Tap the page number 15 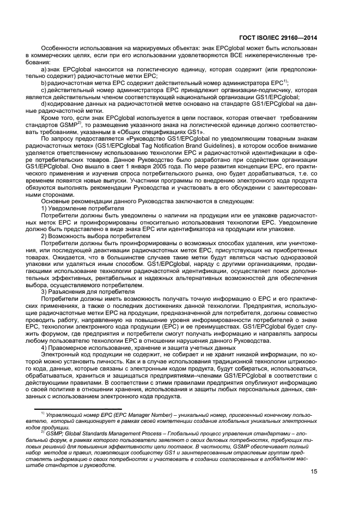(x=314, y=472)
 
